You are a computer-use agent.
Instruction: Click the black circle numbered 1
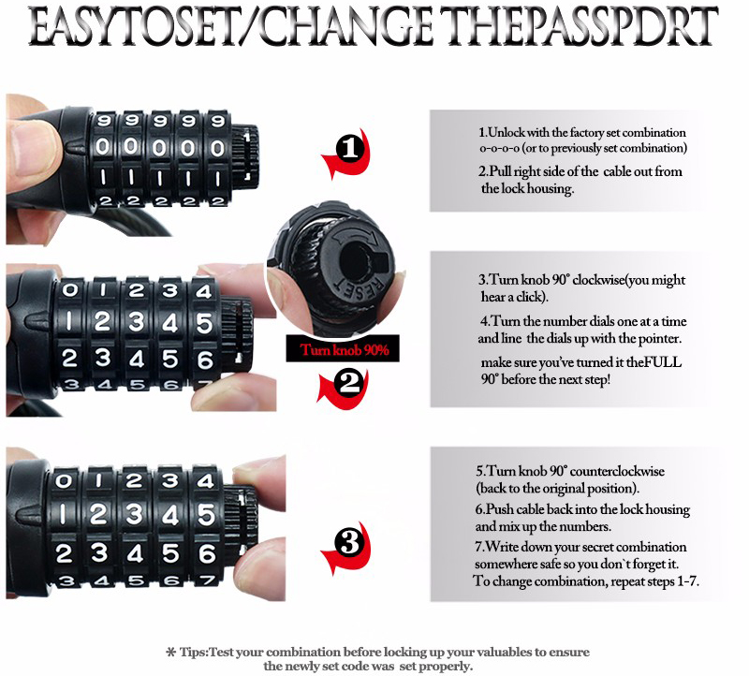[350, 148]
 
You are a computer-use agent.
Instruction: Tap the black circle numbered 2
[350, 383]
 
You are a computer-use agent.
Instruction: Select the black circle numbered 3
[350, 543]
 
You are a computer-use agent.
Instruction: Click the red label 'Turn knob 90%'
[344, 350]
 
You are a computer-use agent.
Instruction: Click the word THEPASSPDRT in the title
[579, 27]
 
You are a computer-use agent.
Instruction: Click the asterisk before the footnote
[170, 652]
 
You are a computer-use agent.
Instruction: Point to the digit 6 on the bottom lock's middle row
[207, 553]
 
